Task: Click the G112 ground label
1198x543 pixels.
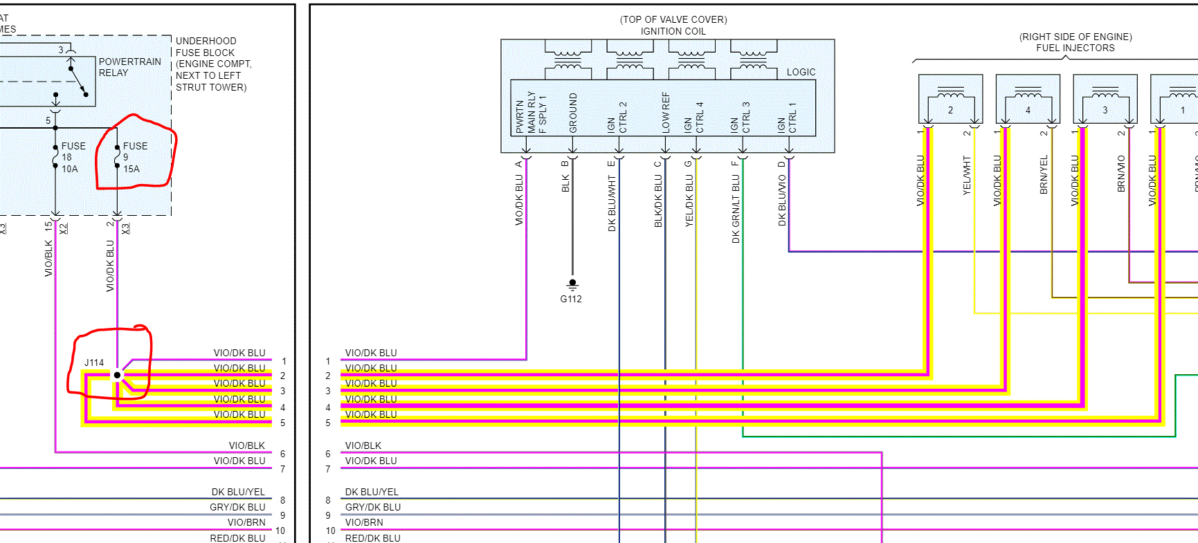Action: [x=571, y=299]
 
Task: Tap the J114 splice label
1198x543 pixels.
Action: [x=94, y=362]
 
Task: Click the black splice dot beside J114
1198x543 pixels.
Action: [x=117, y=375]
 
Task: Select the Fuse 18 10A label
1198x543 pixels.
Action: [x=73, y=157]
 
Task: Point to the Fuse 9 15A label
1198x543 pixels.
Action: [x=134, y=157]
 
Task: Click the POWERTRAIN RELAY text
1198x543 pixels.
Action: [x=129, y=67]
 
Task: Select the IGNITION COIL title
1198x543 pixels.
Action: [x=673, y=31]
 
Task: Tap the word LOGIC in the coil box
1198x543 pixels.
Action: [x=801, y=72]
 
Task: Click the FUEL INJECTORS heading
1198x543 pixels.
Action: [x=1075, y=48]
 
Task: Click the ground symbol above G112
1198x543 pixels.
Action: [x=572, y=284]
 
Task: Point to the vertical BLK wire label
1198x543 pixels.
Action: [x=565, y=183]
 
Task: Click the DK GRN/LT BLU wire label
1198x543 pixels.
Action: [x=736, y=208]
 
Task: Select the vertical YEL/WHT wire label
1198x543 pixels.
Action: [x=967, y=175]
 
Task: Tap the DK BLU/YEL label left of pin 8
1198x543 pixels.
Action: [x=238, y=492]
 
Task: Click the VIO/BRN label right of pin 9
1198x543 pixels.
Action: [x=363, y=522]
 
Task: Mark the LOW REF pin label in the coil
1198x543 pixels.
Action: [x=666, y=112]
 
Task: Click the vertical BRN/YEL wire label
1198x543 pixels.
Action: [x=1044, y=174]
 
